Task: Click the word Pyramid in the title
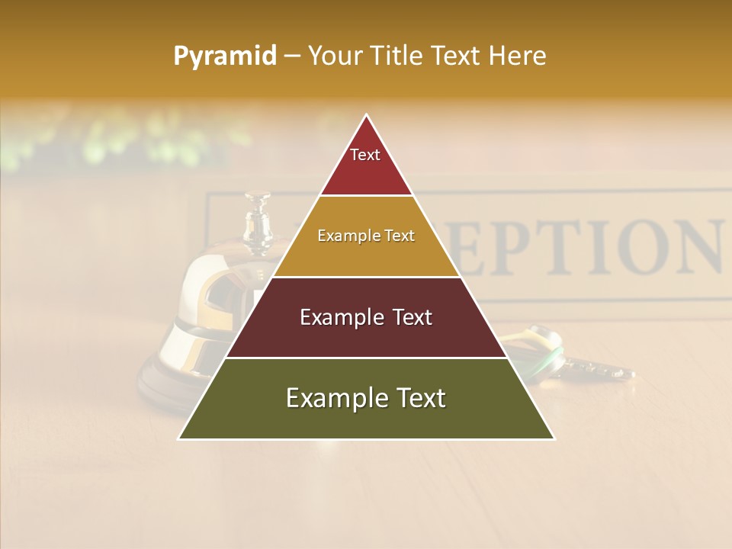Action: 225,56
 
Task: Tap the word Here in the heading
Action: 517,56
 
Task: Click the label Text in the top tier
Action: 365,155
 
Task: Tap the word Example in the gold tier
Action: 342,236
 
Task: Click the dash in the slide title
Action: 291,56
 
